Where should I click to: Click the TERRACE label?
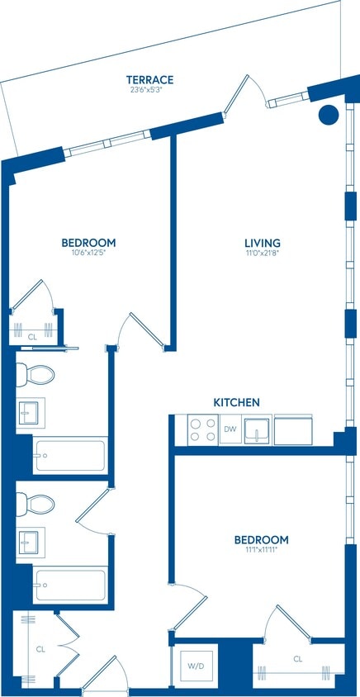(x=149, y=79)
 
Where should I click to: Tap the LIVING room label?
(x=263, y=243)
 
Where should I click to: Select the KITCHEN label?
(x=237, y=402)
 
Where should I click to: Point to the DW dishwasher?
(x=230, y=429)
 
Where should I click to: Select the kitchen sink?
(x=258, y=429)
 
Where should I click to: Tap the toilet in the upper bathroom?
(x=36, y=374)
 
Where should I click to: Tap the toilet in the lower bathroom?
(x=36, y=503)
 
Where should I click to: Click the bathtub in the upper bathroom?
(x=69, y=455)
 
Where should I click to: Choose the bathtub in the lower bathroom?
(x=69, y=585)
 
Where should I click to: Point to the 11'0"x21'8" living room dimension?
(x=263, y=254)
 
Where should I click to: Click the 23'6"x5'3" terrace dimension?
(x=149, y=91)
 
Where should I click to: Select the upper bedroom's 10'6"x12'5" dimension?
(x=88, y=254)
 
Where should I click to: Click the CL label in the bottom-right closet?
(x=297, y=659)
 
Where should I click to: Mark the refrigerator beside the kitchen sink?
(x=293, y=429)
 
